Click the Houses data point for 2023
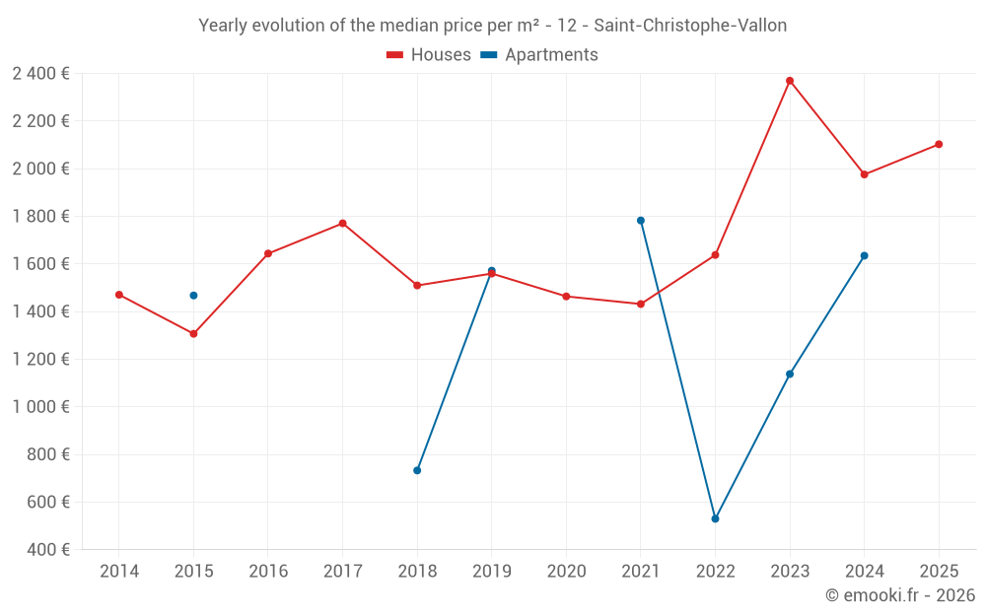tap(790, 81)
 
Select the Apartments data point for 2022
tap(715, 518)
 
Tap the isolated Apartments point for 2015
tap(193, 296)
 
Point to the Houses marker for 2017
tap(342, 224)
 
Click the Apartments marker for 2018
tap(417, 470)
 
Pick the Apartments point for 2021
tap(641, 221)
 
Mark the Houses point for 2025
tap(939, 144)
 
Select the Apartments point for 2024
tap(864, 255)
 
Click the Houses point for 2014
tap(119, 295)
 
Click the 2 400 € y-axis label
tap(40, 73)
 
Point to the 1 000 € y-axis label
tap(40, 407)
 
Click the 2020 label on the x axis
tap(566, 572)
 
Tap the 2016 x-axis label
tap(268, 572)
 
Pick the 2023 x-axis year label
tap(790, 572)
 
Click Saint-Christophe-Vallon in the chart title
tap(690, 26)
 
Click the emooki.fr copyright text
tap(900, 595)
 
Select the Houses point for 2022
tap(715, 255)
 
